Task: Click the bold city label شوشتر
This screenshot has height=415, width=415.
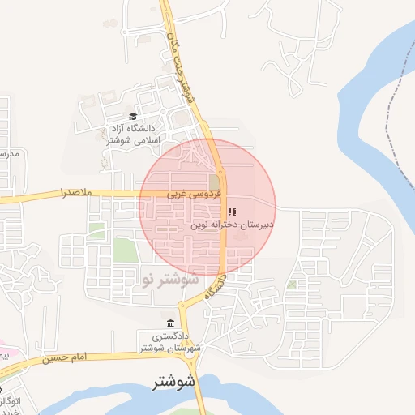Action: tap(175, 382)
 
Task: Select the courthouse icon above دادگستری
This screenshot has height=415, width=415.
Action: tap(169, 323)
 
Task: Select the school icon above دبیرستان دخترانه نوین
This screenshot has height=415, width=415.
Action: tap(232, 212)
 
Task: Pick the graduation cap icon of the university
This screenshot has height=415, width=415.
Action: tap(133, 116)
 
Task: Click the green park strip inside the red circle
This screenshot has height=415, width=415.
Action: tap(214, 182)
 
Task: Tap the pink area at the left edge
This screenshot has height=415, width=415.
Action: tap(5, 355)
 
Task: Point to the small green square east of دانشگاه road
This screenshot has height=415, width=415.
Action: tap(291, 285)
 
